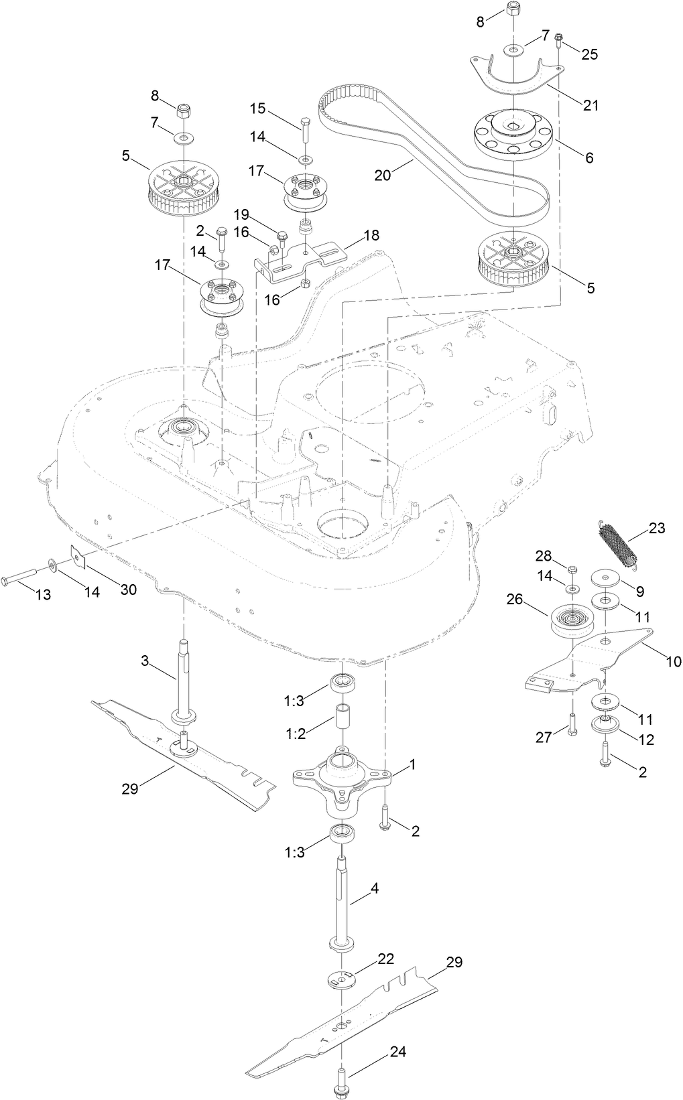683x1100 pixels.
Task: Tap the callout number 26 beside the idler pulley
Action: point(534,601)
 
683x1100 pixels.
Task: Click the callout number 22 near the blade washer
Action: point(385,959)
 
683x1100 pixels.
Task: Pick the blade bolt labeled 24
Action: point(340,1080)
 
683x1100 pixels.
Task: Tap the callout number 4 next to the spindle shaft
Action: point(374,888)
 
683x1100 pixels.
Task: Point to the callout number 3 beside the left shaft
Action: point(145,661)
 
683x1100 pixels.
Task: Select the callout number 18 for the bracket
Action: point(371,235)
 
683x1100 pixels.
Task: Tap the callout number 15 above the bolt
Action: point(258,109)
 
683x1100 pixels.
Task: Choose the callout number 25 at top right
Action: point(589,54)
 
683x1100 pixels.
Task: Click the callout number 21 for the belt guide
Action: point(591,105)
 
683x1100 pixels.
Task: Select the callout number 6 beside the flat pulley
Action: point(589,158)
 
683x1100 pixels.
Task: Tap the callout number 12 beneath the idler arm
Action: point(644,740)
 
